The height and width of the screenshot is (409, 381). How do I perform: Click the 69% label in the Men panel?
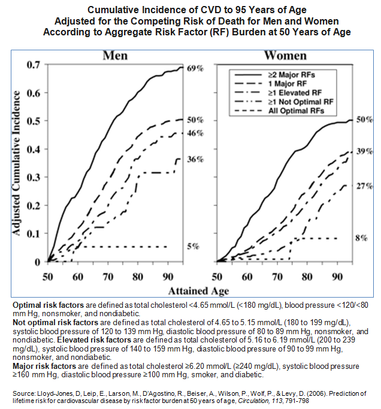[x=196, y=69]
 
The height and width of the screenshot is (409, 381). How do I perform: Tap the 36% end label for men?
[x=196, y=160]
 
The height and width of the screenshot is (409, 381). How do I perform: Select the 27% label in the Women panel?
[x=364, y=186]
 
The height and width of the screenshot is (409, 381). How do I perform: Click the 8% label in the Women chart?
[x=361, y=238]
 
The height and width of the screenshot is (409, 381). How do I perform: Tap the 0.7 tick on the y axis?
[x=32, y=65]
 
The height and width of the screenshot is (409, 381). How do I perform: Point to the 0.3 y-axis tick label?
[x=32, y=177]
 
